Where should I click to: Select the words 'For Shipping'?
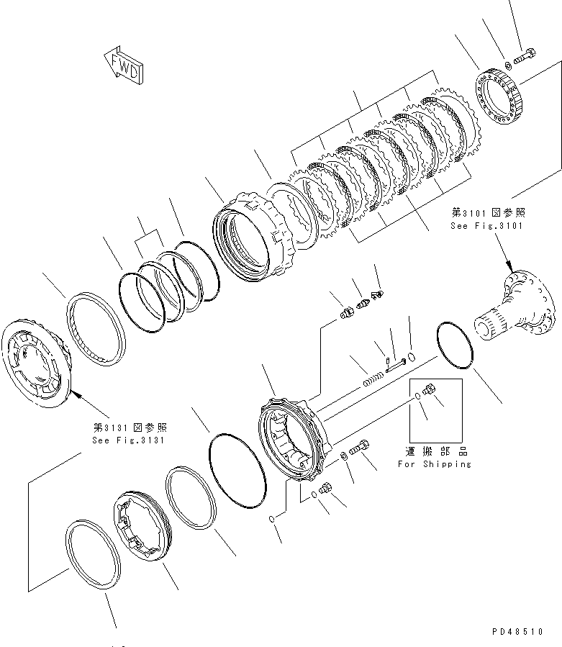tap(444, 464)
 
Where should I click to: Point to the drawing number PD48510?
tap(520, 631)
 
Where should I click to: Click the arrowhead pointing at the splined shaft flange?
tap(508, 266)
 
